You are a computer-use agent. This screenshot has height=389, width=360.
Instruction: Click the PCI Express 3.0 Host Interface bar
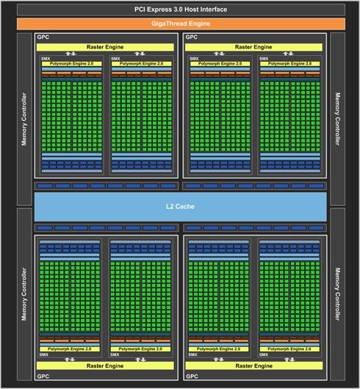point(181,10)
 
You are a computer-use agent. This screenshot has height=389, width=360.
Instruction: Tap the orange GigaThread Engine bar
point(181,24)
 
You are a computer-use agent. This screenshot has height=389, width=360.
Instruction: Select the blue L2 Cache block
point(180,207)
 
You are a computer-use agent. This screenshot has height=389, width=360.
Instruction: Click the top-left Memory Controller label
point(24,119)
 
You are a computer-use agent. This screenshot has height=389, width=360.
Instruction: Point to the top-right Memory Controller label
point(337,119)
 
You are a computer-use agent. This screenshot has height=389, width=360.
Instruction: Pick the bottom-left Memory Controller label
point(24,294)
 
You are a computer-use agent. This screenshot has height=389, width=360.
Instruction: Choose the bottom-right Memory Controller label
point(337,294)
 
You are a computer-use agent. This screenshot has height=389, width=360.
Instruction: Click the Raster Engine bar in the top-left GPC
point(105,47)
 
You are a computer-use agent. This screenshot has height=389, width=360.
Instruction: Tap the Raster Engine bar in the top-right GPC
point(253,47)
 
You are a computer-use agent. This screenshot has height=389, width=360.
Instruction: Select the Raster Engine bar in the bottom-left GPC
point(105,365)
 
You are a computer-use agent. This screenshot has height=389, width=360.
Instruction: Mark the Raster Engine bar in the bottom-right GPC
point(254,365)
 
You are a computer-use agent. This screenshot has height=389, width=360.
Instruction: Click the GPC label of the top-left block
point(43,38)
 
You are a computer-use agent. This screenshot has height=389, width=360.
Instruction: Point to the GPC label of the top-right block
point(192,38)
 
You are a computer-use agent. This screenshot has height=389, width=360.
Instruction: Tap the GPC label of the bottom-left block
point(43,376)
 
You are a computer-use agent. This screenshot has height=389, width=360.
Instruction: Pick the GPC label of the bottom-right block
point(192,376)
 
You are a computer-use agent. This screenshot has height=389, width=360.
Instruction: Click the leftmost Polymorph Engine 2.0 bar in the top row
point(72,64)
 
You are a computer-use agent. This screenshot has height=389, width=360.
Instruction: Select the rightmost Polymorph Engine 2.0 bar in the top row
point(289,64)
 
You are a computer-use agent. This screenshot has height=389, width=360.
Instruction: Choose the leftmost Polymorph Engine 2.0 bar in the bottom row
point(70,349)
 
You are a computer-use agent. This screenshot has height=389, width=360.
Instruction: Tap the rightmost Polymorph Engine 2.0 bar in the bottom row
point(289,349)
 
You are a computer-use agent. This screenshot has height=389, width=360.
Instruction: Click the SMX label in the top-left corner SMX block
point(46,59)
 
